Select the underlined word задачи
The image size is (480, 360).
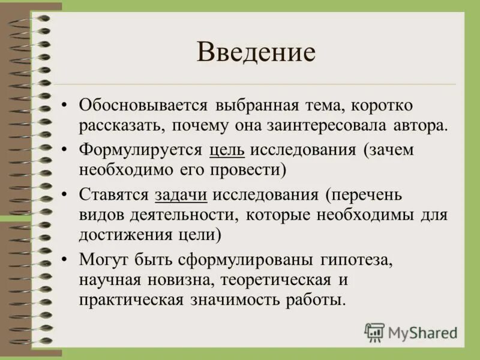click(181, 194)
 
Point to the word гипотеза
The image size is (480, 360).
click(362, 260)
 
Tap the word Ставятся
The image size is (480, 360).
click(115, 194)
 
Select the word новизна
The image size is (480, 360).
click(184, 280)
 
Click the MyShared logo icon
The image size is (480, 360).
click(374, 331)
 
